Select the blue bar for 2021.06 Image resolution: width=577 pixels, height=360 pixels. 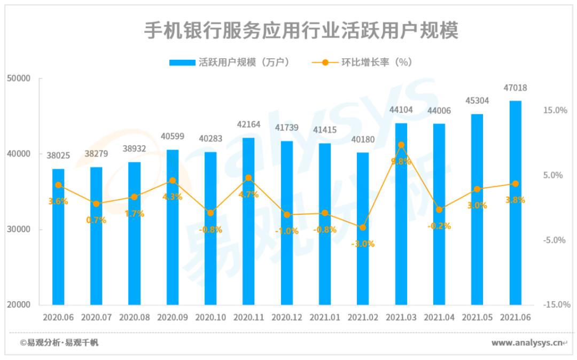tap(515, 203)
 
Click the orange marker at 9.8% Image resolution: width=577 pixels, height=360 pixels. tap(401, 145)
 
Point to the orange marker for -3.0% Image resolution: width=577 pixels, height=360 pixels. tap(363, 228)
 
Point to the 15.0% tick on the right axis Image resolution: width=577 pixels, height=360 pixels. tap(555, 110)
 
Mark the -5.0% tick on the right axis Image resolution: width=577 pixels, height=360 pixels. tap(555, 240)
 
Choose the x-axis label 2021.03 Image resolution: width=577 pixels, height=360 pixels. tap(401, 317)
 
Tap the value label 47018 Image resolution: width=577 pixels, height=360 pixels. tap(516, 88)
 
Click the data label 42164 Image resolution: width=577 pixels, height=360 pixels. tap(248, 124)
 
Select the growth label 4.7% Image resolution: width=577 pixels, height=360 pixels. tap(248, 194)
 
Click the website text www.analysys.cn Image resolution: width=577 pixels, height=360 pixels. tap(526, 343)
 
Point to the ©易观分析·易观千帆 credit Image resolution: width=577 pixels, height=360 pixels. tap(59, 343)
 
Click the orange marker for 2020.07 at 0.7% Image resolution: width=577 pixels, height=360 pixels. tap(96, 204)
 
